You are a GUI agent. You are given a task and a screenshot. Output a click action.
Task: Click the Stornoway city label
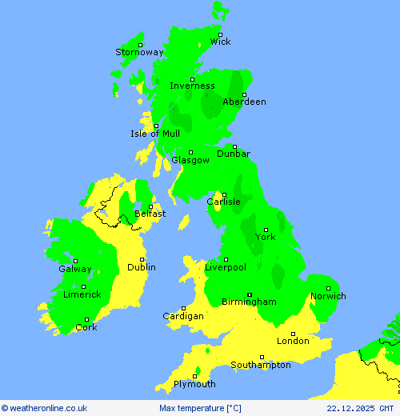[x=139, y=52]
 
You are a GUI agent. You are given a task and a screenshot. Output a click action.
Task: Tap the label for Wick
[x=220, y=42]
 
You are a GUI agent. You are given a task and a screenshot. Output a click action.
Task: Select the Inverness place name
[x=192, y=86]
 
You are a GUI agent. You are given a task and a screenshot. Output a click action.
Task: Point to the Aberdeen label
[x=244, y=102]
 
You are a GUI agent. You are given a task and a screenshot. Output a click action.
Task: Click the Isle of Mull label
[x=155, y=134]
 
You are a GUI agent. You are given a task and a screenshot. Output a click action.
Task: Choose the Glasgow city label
[x=190, y=160]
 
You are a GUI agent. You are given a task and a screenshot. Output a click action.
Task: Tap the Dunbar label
[x=234, y=154]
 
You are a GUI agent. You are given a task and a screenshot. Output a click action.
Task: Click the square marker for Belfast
[x=150, y=206]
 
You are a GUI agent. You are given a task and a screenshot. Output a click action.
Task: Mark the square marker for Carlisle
[x=224, y=194]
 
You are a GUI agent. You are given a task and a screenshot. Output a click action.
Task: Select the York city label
[x=266, y=237]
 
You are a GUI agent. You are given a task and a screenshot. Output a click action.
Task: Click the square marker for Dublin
[x=142, y=259]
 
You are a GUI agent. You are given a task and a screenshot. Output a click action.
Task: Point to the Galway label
[x=75, y=269]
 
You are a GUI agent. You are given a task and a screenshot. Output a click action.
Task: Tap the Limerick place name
[x=82, y=294]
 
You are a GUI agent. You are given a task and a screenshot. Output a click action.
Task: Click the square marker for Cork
[x=87, y=320]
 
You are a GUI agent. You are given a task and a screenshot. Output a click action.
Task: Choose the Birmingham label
[x=250, y=302]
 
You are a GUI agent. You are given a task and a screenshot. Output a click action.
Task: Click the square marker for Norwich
[x=328, y=288]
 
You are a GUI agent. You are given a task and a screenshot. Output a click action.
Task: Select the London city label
[x=293, y=341]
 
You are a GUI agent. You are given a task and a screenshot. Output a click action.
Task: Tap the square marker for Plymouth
[x=195, y=376]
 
